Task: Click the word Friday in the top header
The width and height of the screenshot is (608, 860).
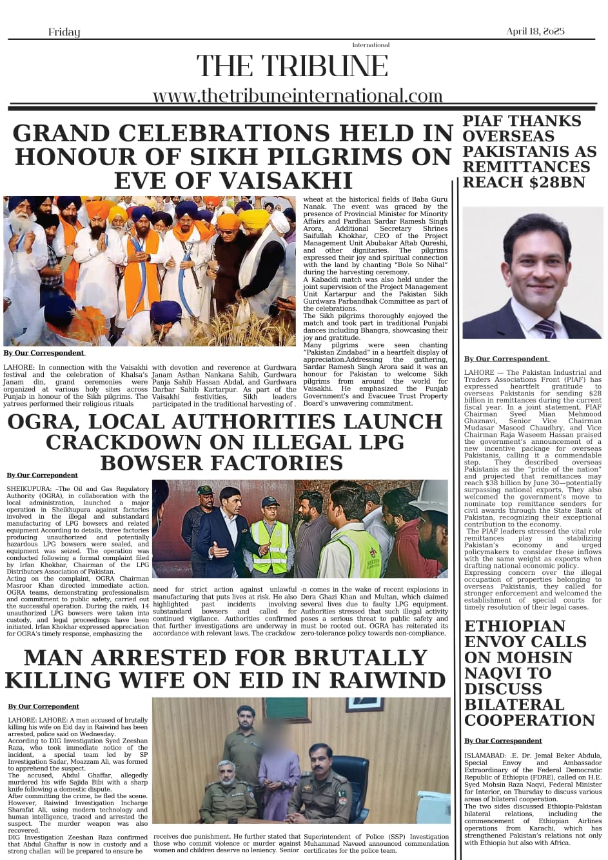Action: (x=64, y=32)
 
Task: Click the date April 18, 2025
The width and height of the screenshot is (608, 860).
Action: (x=535, y=32)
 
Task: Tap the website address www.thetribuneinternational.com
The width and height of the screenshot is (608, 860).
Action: (x=297, y=96)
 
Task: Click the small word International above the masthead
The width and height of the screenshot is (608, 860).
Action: (x=371, y=45)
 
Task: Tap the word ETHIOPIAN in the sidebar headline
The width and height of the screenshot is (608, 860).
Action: (x=515, y=626)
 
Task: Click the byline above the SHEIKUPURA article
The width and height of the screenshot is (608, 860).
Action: (x=42, y=475)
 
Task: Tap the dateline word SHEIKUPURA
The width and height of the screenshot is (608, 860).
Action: (x=30, y=489)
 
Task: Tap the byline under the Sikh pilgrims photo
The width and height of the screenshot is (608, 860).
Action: (x=44, y=353)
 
